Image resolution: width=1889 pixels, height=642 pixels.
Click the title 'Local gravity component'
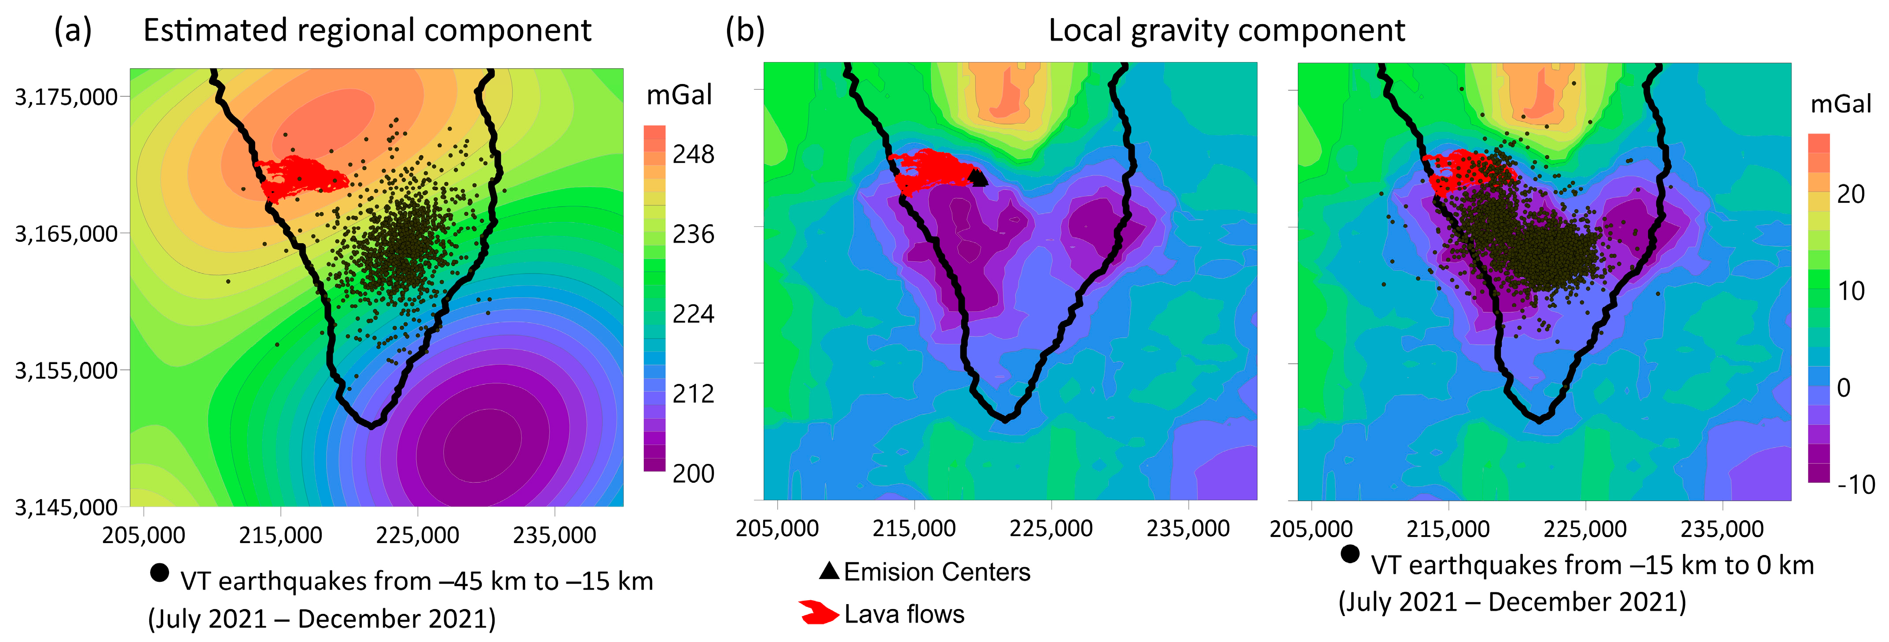point(1226,31)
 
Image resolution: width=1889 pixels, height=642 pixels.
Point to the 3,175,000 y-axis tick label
point(66,97)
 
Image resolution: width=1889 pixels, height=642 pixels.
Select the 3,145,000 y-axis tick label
point(66,507)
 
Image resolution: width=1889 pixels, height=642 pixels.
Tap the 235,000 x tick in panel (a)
point(555,535)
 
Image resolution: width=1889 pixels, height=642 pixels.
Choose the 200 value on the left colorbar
point(693,474)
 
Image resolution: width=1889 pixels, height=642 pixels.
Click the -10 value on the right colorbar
point(1855,485)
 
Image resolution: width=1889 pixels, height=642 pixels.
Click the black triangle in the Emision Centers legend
point(829,571)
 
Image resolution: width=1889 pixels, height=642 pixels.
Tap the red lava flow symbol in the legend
point(818,613)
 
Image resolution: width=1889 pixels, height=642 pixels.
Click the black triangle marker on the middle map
point(978,177)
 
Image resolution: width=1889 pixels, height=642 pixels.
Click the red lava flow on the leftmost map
point(301,176)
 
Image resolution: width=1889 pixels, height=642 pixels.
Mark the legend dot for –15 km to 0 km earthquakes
point(1349,554)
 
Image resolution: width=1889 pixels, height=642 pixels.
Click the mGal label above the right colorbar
point(1841,104)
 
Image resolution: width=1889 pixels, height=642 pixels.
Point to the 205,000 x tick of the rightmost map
point(1311,529)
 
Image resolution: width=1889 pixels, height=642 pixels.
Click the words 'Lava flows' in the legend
point(904,614)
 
